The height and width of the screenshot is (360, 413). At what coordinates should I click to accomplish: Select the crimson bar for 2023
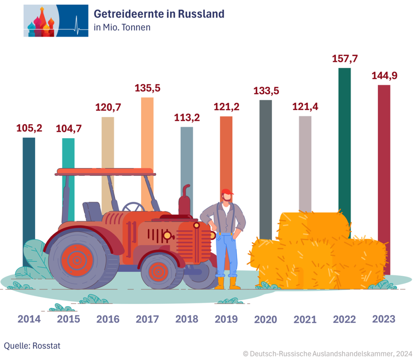click(384, 161)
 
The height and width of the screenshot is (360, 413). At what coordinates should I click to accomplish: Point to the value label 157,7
click(345, 58)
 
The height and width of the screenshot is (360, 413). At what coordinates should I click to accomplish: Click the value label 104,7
click(68, 129)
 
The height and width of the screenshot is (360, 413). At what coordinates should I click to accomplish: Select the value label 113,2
click(187, 118)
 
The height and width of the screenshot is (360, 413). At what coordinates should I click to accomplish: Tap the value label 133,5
click(266, 91)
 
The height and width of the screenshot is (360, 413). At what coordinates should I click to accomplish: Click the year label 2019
click(226, 319)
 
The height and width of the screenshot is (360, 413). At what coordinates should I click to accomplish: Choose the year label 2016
click(108, 319)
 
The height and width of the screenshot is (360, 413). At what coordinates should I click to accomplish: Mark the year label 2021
click(305, 320)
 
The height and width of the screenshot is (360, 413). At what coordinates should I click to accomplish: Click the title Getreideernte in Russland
click(159, 14)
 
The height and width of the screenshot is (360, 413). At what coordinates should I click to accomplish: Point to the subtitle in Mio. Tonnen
click(122, 27)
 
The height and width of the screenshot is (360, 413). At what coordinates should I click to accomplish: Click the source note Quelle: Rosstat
click(32, 345)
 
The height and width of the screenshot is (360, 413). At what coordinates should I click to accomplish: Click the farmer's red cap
click(227, 192)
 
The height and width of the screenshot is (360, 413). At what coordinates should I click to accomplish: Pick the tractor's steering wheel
click(133, 207)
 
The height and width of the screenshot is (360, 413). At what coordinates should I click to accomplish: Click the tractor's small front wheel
click(159, 271)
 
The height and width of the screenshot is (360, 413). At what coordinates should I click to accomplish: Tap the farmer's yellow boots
click(227, 283)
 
